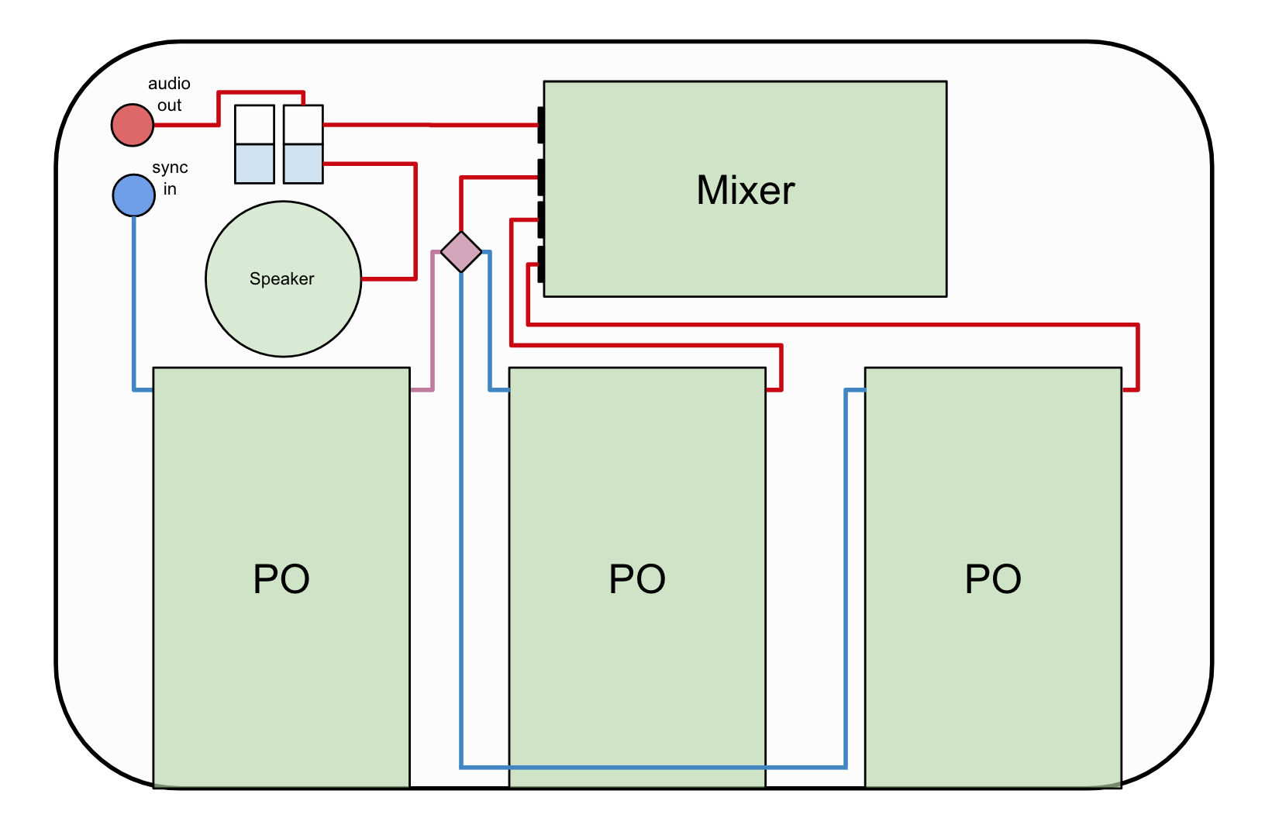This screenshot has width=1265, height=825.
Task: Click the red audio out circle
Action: [133, 125]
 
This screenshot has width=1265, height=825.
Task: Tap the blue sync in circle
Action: [134, 195]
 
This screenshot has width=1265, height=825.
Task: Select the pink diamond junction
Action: [461, 252]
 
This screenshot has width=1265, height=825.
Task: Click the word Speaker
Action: [282, 279]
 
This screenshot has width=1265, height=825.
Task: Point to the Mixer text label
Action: [746, 190]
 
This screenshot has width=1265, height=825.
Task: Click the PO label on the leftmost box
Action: [281, 579]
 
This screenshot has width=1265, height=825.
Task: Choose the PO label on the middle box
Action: [637, 579]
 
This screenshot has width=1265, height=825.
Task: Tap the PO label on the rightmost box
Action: [993, 579]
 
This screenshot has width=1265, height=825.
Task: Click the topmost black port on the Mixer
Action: [541, 125]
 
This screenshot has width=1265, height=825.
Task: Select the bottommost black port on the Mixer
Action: [541, 264]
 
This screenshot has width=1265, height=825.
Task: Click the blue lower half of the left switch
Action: [255, 164]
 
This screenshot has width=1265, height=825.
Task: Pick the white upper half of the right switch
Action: [303, 125]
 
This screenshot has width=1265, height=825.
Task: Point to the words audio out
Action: [169, 94]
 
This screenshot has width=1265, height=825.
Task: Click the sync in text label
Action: [170, 178]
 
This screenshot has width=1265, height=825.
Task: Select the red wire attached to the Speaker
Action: [415, 225]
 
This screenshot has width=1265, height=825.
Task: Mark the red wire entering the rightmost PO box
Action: [1137, 357]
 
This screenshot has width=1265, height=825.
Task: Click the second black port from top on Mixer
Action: [541, 178]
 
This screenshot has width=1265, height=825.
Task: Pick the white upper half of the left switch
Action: [255, 125]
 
